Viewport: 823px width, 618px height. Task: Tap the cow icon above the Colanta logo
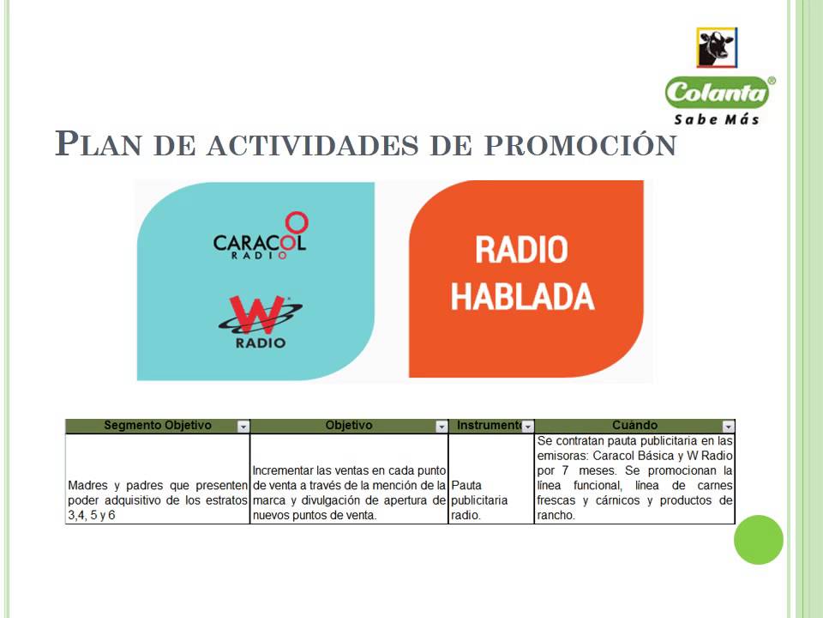718,48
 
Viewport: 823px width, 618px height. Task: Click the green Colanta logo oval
718,92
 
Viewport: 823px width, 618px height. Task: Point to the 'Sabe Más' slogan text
717,119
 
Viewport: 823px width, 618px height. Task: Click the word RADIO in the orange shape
521,251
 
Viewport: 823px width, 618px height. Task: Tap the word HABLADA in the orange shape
522,296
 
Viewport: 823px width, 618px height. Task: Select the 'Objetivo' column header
349,426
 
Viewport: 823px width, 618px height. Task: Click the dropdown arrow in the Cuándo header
728,427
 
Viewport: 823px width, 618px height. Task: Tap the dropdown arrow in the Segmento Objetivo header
243,427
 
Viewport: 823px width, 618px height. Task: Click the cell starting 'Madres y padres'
158,500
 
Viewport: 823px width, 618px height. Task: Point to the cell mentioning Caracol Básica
634,478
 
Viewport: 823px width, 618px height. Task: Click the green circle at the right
759,540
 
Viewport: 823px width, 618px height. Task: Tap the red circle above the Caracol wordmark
296,222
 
